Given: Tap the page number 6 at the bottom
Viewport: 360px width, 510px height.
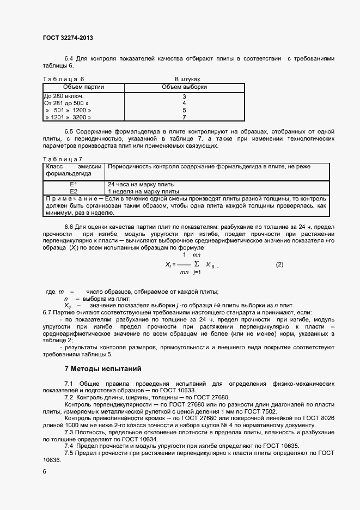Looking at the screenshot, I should [45, 471].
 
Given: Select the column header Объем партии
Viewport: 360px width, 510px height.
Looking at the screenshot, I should [83, 87].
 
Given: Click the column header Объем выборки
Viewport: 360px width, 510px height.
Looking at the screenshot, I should [184, 87].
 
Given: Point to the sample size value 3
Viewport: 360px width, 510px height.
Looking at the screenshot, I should [184, 96].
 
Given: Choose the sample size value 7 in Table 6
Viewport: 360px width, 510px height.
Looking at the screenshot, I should [184, 117].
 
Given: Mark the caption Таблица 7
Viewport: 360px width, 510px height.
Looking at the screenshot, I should [63, 159].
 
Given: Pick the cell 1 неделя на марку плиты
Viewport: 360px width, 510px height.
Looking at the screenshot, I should [143, 192].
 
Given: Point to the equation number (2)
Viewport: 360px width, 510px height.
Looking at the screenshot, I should [280, 264].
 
